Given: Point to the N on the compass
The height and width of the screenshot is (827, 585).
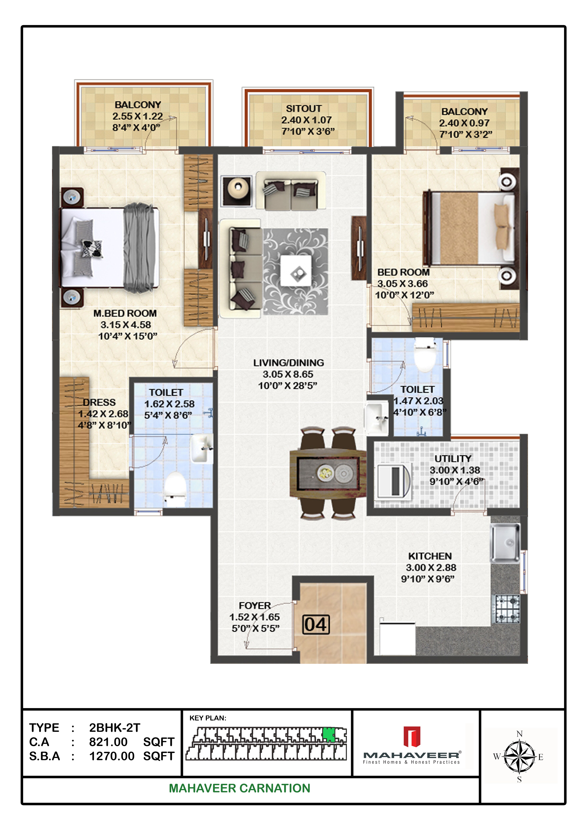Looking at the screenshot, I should point(519,734).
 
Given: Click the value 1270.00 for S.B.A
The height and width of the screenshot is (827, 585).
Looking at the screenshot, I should point(112,756).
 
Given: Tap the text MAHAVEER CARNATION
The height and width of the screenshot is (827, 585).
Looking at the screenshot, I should point(239,788).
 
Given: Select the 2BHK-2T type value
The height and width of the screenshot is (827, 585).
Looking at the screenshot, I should point(115,728).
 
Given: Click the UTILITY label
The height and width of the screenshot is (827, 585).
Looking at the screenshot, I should point(453,459).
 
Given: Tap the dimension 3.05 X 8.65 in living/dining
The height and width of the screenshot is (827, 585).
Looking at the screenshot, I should point(288,374).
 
